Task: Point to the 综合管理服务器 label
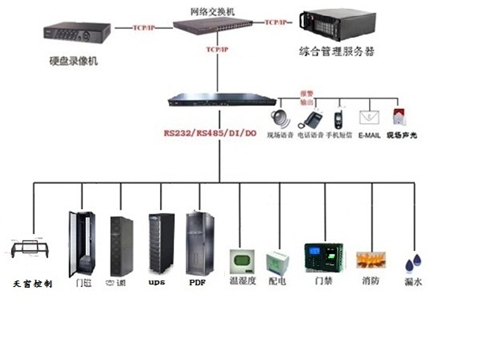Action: coord(338,52)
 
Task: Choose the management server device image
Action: coord(336,25)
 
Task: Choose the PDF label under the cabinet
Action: coord(197,283)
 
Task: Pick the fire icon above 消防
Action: coord(371,260)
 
